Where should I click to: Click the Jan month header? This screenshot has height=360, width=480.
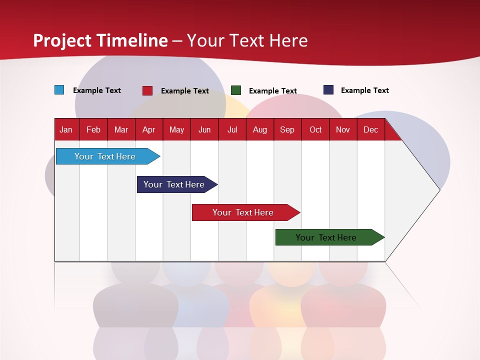[x=66, y=130]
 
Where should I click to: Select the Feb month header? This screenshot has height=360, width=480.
[x=93, y=130]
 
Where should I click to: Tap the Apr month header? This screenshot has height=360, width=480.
[x=148, y=130]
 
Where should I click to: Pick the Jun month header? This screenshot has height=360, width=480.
[x=204, y=130]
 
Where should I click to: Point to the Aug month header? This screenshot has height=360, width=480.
[x=259, y=130]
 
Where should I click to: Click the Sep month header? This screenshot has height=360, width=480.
[x=287, y=130]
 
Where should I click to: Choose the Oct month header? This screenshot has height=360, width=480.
[x=315, y=130]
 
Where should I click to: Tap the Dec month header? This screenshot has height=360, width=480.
[x=370, y=130]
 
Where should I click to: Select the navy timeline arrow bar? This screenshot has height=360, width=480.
[x=175, y=184]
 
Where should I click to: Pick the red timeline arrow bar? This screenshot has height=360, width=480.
[x=244, y=212]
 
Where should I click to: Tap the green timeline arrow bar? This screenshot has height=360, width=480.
[x=327, y=237]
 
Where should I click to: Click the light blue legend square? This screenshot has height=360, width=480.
[x=59, y=90]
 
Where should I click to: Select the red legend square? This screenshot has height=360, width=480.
[x=147, y=90]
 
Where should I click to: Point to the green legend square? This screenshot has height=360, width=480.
[x=236, y=90]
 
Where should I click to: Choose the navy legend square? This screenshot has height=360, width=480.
[x=328, y=90]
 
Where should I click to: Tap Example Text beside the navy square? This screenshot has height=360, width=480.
[x=364, y=90]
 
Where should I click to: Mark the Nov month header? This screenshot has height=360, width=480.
[x=342, y=130]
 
